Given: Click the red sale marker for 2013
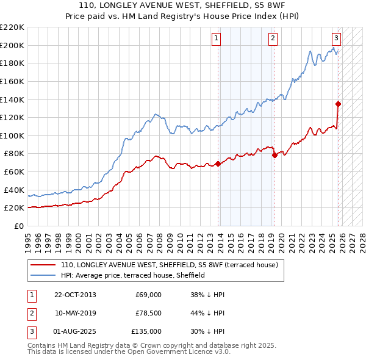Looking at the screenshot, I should point(218,164).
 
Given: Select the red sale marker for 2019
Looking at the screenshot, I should point(274,155).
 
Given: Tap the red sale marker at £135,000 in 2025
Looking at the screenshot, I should point(338,104).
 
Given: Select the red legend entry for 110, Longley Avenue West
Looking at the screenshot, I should point(169,265).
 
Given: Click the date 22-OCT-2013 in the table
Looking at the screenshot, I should point(75,295).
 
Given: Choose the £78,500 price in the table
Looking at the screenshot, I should point(148,313).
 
